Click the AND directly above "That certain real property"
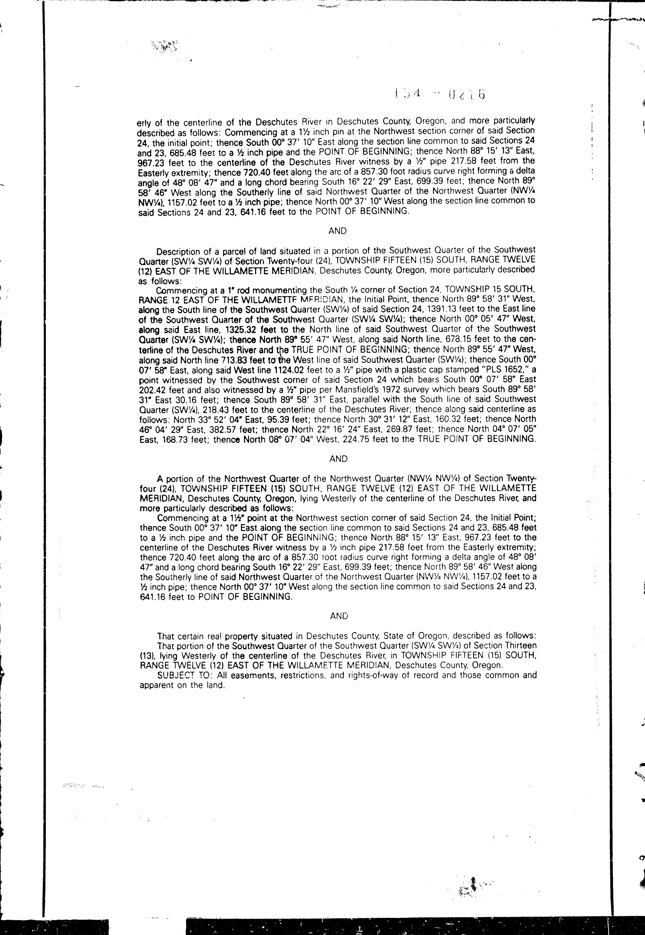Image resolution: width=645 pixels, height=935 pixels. pyautogui.click(x=339, y=616)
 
